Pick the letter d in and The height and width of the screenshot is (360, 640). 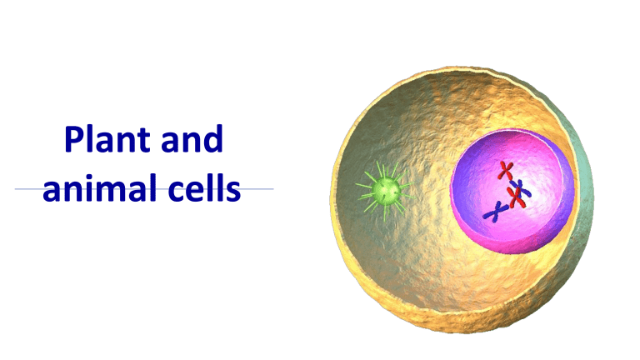(214, 139)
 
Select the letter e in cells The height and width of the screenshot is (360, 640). (186, 192)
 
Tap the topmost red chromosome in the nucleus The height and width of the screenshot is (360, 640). (505, 170)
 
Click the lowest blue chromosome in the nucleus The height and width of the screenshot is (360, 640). (493, 213)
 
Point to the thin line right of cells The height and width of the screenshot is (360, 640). (258, 189)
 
